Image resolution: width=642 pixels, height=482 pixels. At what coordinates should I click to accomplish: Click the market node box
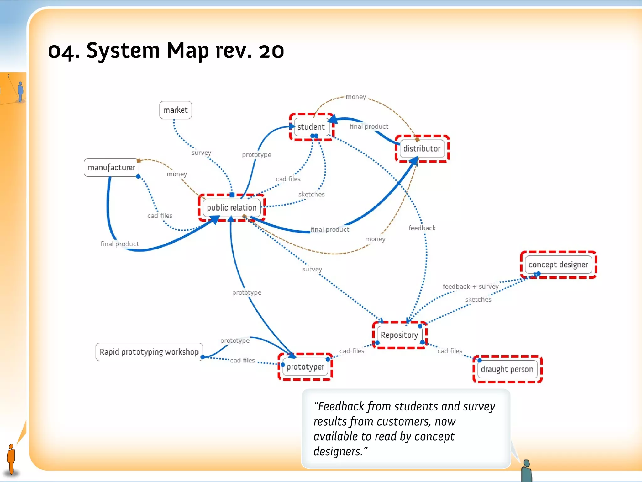point(176,110)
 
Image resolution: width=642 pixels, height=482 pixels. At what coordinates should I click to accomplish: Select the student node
point(311,127)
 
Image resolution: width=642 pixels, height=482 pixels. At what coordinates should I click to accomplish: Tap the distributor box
point(422,148)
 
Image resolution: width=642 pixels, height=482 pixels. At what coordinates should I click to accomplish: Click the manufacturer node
point(111,168)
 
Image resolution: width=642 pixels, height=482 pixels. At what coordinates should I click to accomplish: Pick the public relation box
point(232,207)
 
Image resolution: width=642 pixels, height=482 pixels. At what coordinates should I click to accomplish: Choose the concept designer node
point(558,265)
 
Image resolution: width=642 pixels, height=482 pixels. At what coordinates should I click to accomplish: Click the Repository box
point(399,335)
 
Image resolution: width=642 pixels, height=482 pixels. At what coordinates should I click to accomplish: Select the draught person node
point(507,369)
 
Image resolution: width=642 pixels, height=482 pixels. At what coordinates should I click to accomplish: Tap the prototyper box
point(305,367)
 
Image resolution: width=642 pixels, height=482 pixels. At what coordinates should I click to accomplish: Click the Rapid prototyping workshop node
point(149,352)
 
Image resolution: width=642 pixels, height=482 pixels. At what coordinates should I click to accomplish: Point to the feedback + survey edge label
point(470,287)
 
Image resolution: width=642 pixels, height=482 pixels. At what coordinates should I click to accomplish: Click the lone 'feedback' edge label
point(422,228)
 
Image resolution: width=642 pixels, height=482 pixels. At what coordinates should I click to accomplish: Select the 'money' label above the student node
point(356,97)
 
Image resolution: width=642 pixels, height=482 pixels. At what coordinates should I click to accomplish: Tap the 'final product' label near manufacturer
point(119,244)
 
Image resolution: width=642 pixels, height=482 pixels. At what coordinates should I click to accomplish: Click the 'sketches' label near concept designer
point(478,299)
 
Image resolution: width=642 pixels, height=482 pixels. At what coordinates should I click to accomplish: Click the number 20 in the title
point(271,51)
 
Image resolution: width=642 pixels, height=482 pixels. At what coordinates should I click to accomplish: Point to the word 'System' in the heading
point(123,51)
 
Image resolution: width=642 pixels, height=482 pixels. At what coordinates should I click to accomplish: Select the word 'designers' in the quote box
point(338,451)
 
